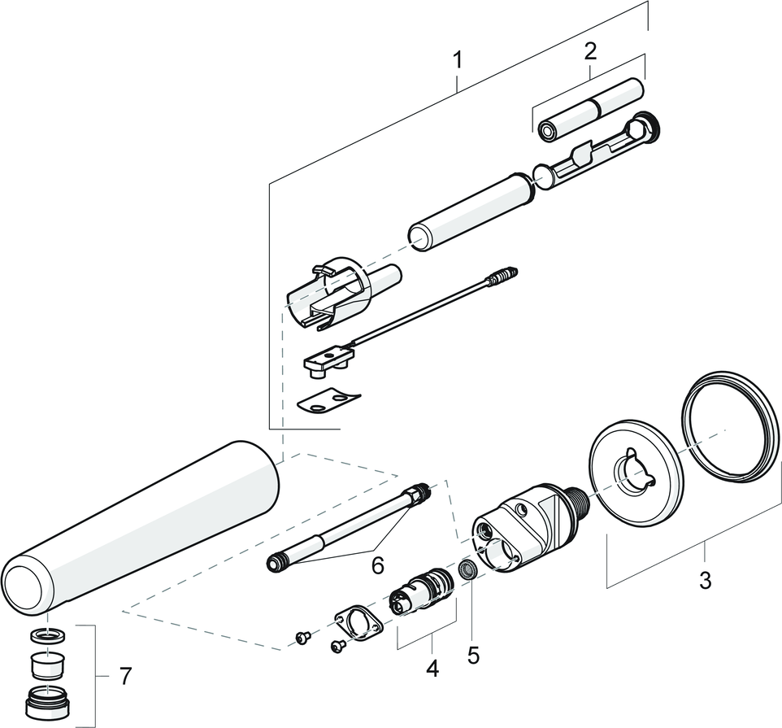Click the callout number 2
pyautogui.click(x=590, y=50)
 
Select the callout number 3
pyautogui.click(x=705, y=581)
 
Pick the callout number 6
pyautogui.click(x=377, y=565)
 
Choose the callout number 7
pyautogui.click(x=124, y=675)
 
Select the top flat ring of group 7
pyautogui.click(x=50, y=634)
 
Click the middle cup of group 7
pyautogui.click(x=50, y=665)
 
